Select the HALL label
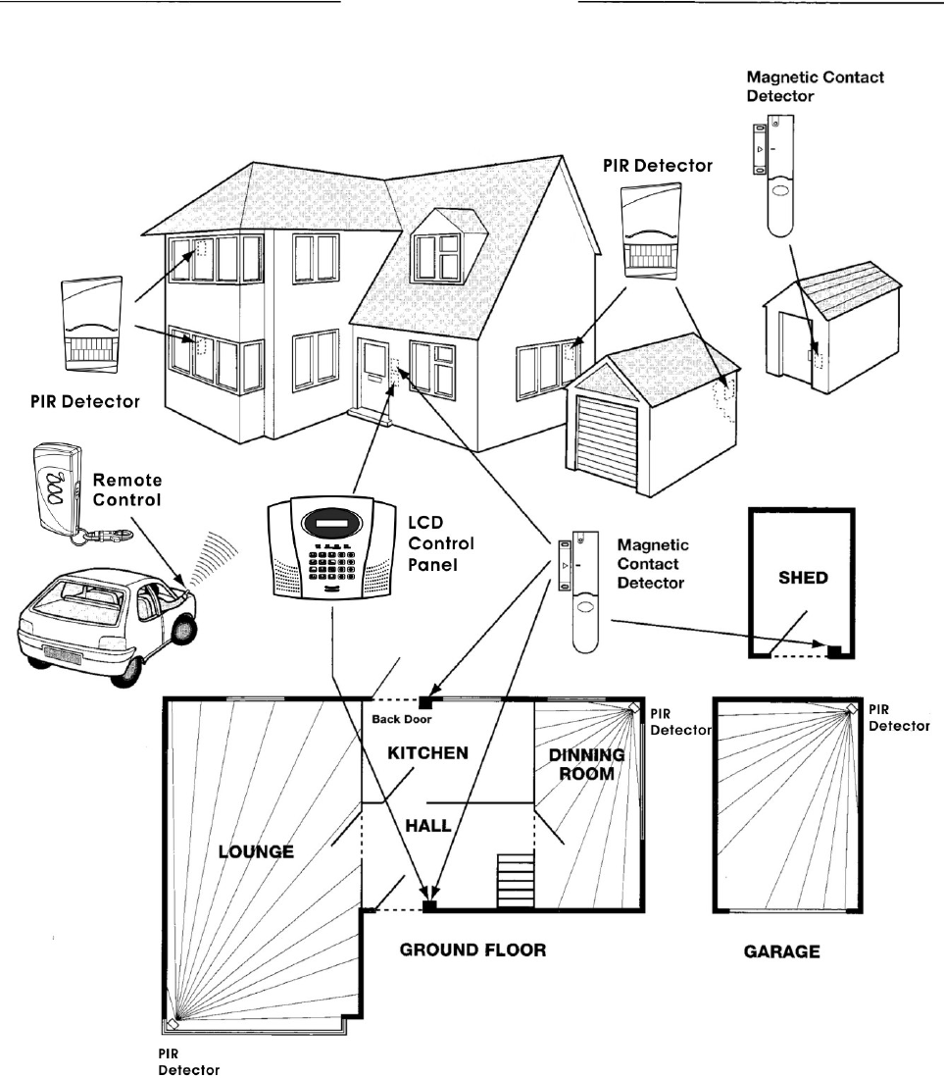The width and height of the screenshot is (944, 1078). pos(432,826)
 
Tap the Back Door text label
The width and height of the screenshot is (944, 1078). pos(397,718)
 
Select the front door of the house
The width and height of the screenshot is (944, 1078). pos(373,378)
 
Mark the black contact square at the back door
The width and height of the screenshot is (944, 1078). pos(425,701)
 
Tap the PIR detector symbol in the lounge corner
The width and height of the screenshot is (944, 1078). pos(173,1024)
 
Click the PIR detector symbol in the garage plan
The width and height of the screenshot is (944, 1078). pos(852,707)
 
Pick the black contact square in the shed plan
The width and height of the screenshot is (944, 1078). pos(835,651)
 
